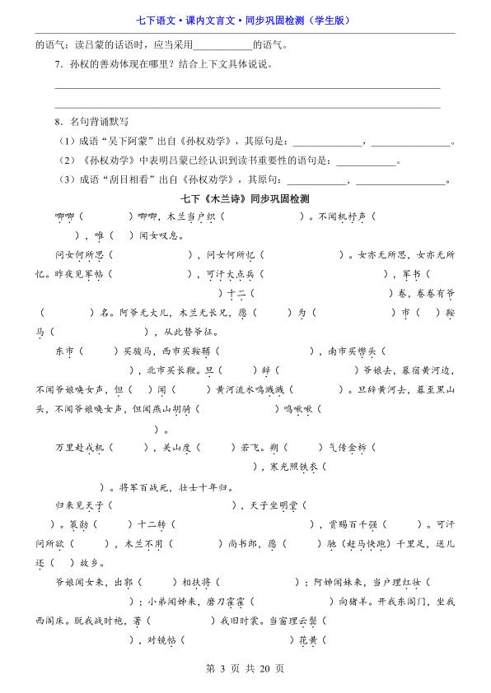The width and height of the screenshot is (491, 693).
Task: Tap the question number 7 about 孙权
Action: tap(58, 64)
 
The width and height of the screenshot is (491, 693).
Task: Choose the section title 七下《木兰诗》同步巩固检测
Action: tap(245, 199)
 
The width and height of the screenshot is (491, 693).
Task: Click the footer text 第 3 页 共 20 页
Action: tap(245, 668)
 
